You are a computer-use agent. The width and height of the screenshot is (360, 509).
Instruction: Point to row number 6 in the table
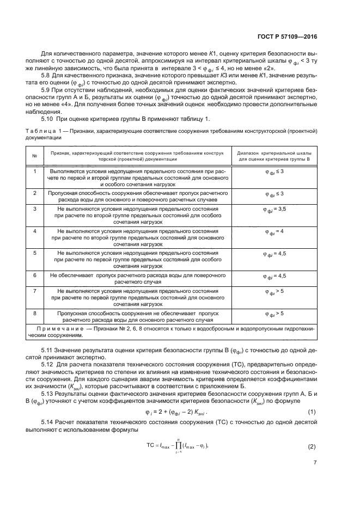pyautogui.click(x=35, y=276)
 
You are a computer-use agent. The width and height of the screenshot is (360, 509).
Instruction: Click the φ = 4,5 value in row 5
pyautogui.click(x=275, y=254)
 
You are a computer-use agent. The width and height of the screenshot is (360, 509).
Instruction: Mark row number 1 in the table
pyautogui.click(x=35, y=171)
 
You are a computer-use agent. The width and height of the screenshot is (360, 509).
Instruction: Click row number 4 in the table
pyautogui.click(x=35, y=231)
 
